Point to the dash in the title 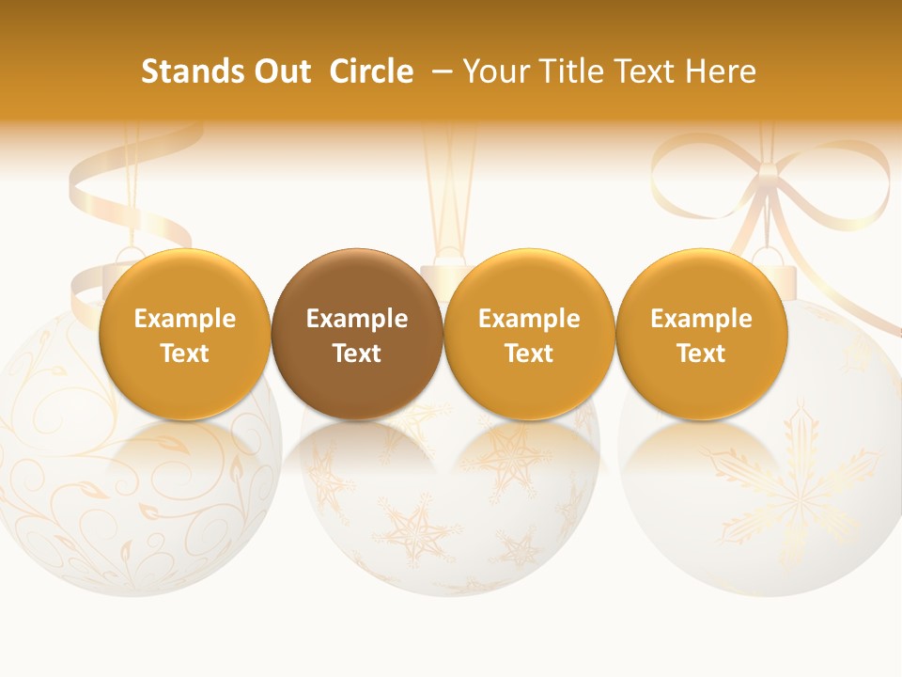pyautogui.click(x=440, y=71)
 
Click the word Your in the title pyautogui.click(x=494, y=71)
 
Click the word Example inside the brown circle pyautogui.click(x=357, y=319)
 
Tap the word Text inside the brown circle pyautogui.click(x=357, y=354)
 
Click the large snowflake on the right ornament pyautogui.click(x=799, y=480)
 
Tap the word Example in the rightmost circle pyautogui.click(x=701, y=319)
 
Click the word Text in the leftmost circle pyautogui.click(x=184, y=354)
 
